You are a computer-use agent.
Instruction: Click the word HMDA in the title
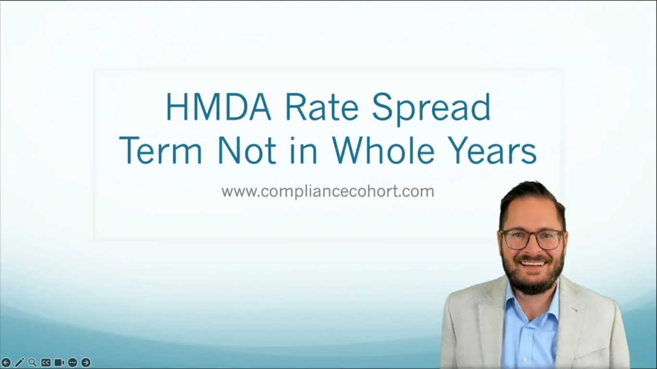218,107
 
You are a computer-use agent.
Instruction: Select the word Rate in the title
322,107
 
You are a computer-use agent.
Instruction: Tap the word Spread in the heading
431,108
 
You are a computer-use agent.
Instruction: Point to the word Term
161,150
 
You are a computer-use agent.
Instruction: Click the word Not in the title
246,150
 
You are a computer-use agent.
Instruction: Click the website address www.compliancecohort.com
328,191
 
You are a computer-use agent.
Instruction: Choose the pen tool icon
19,362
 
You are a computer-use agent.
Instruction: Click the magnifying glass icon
33,362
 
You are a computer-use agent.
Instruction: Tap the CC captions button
46,362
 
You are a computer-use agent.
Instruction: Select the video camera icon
59,362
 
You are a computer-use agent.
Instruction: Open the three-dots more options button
73,362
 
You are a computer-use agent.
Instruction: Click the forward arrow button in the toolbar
86,362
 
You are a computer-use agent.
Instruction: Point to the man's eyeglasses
532,239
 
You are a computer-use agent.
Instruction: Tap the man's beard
533,279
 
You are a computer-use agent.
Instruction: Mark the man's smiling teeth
533,263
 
